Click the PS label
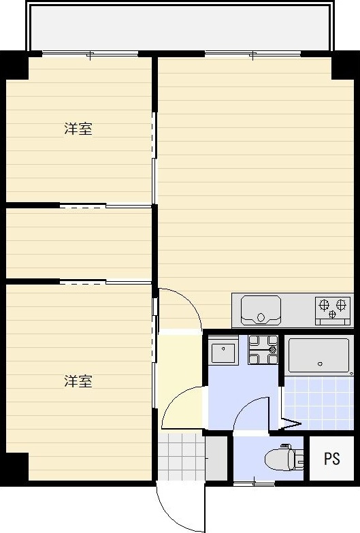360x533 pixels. click(x=332, y=459)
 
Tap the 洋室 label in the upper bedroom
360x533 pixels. click(x=78, y=129)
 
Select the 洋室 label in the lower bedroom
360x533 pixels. click(x=78, y=381)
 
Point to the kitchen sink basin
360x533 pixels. click(x=261, y=310)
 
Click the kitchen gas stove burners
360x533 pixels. click(x=333, y=308)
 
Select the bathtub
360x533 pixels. click(x=318, y=355)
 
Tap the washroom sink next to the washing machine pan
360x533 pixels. click(x=223, y=350)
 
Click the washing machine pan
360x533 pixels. click(x=263, y=350)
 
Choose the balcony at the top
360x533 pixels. click(x=180, y=27)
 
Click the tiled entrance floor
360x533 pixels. click(x=181, y=457)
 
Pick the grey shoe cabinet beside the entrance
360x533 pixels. click(x=216, y=458)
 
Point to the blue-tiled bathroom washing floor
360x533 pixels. click(x=318, y=403)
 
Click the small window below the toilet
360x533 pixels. click(x=255, y=483)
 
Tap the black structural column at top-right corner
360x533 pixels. click(x=344, y=66)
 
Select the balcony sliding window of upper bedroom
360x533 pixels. click(x=90, y=54)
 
